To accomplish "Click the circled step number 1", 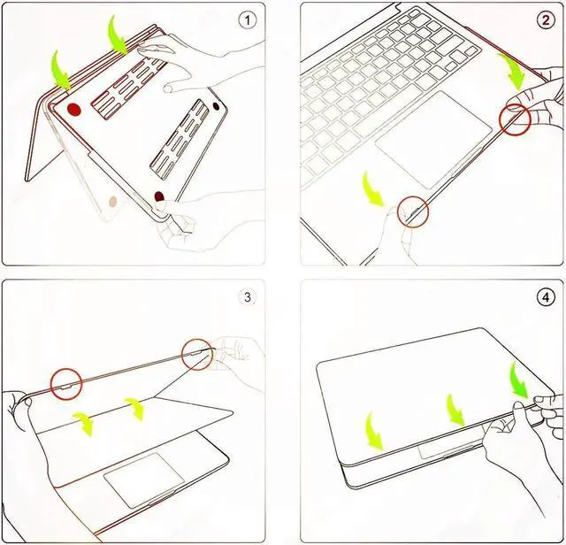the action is tap(248, 20).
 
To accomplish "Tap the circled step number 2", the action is tap(546, 20).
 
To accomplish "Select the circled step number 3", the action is tap(248, 297).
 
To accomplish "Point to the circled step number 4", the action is tap(546, 297).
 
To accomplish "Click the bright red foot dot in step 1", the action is tap(73, 110).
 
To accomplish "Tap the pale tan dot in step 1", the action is tap(113, 201).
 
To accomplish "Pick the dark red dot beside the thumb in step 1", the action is tap(159, 196).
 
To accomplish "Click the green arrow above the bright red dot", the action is tap(60, 71).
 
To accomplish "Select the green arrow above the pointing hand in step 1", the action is tap(119, 35).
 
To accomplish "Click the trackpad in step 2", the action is tap(434, 140).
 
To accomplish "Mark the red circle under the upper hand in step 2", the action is tap(515, 120).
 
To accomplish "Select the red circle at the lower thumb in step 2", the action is tap(413, 212).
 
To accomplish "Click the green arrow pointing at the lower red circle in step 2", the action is tap(374, 188).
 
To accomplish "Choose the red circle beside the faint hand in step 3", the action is tap(196, 355).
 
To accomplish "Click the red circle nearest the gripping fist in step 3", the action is tap(66, 384).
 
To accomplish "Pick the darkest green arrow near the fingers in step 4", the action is tap(520, 380).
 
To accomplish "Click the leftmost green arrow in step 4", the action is tap(374, 431).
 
